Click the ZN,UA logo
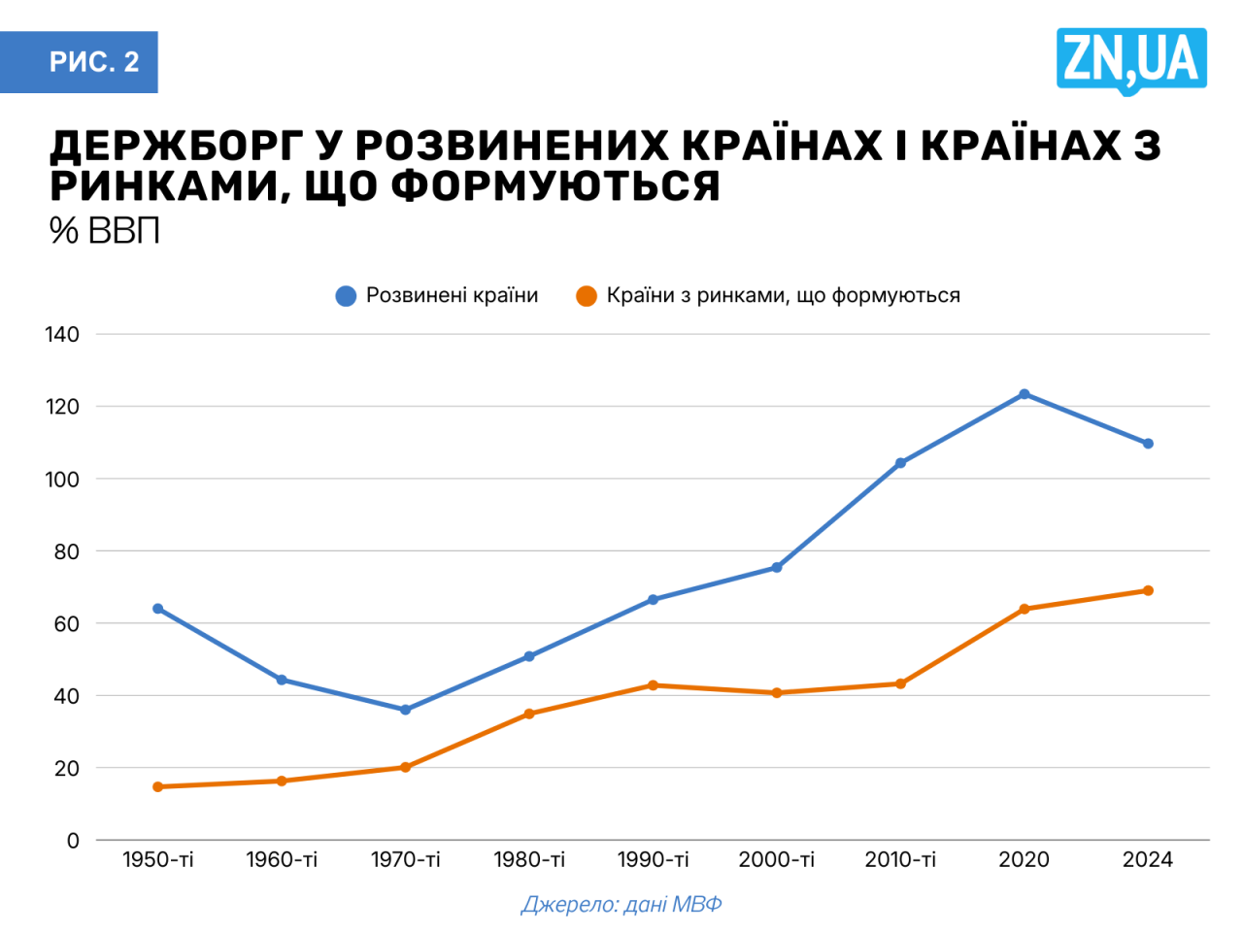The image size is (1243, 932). (x=1130, y=60)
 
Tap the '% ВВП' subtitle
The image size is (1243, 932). (x=104, y=231)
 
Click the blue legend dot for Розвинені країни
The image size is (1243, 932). (x=346, y=296)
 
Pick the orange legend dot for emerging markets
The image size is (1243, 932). (x=587, y=296)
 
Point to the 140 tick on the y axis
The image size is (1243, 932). (x=62, y=335)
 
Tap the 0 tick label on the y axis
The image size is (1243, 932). (x=73, y=841)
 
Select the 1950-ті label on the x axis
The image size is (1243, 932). (x=158, y=860)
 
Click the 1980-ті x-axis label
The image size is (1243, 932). (x=529, y=860)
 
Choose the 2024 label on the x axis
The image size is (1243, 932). (x=1148, y=860)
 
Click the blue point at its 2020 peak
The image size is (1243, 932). (x=1025, y=394)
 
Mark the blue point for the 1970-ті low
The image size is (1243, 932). (x=406, y=710)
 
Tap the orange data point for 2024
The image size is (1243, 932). (x=1148, y=590)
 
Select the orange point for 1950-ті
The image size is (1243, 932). (x=158, y=786)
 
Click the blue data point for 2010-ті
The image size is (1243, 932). (x=900, y=463)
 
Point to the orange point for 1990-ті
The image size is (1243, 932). (x=653, y=685)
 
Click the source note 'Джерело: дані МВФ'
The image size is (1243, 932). (x=621, y=905)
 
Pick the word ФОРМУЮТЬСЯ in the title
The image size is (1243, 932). (x=555, y=186)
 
